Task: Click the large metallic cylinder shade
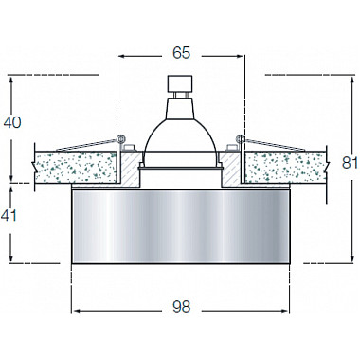tap(180, 226)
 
